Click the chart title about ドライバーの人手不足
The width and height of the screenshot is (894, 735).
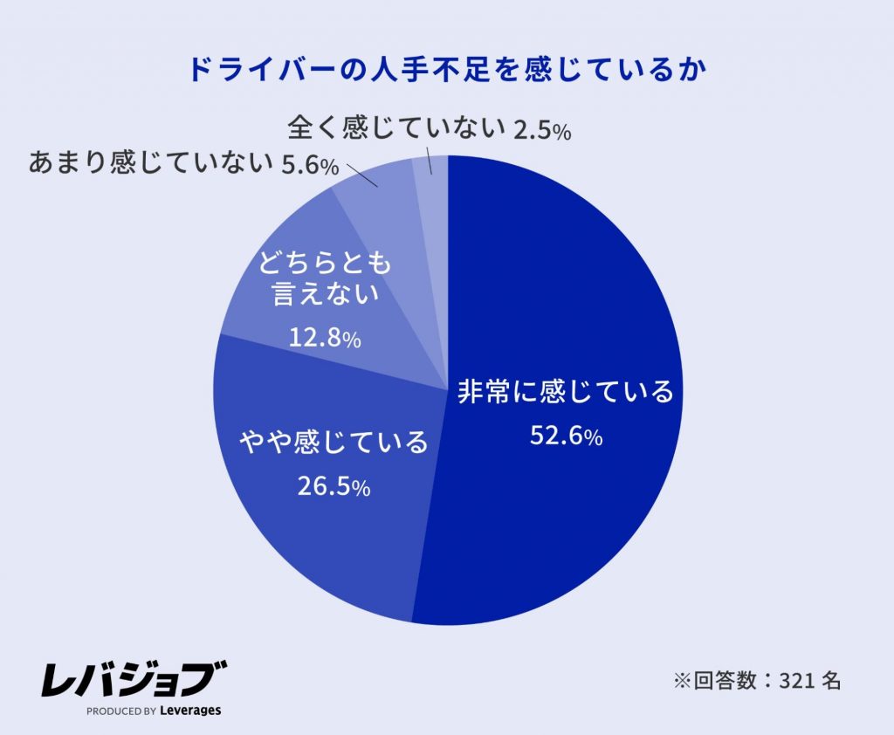point(446,70)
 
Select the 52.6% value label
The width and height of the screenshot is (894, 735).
point(566,436)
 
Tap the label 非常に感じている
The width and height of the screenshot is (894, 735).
point(566,392)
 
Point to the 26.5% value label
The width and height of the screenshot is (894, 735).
point(334,486)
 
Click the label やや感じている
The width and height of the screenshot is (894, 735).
point(334,443)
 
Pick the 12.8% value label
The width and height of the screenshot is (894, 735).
point(324,339)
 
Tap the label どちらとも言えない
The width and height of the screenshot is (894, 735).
point(324,278)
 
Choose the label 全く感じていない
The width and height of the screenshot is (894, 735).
point(397,129)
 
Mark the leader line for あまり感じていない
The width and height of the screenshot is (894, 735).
point(362,174)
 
